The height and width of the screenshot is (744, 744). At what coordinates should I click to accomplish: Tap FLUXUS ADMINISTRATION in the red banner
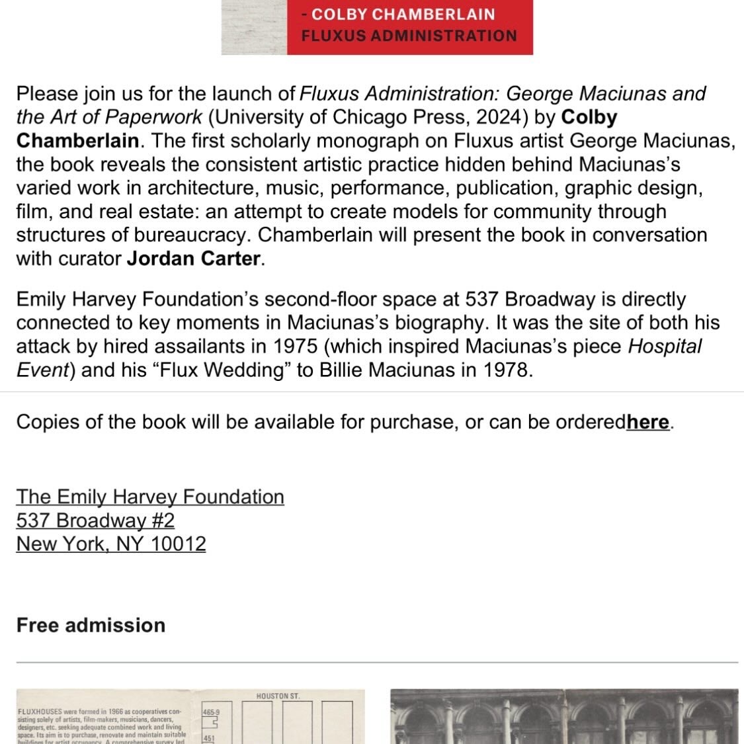point(409,36)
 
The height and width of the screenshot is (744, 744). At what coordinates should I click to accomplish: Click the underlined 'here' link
point(648,422)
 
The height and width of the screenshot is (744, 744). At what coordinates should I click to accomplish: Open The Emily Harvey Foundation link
point(150,497)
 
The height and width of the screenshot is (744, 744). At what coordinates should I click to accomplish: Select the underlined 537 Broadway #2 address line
point(95,520)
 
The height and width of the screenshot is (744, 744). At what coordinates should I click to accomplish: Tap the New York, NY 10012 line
point(111,544)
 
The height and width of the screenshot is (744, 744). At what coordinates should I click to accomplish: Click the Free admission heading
point(91,625)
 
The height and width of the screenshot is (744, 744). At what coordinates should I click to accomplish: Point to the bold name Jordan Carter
point(194,259)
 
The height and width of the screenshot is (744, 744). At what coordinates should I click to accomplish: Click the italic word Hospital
point(664,347)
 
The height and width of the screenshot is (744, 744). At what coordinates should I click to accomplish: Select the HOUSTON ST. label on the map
point(278,696)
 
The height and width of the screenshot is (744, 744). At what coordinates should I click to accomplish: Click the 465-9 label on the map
point(211,713)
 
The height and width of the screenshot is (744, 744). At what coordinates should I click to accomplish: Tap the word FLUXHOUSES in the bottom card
point(40,712)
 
